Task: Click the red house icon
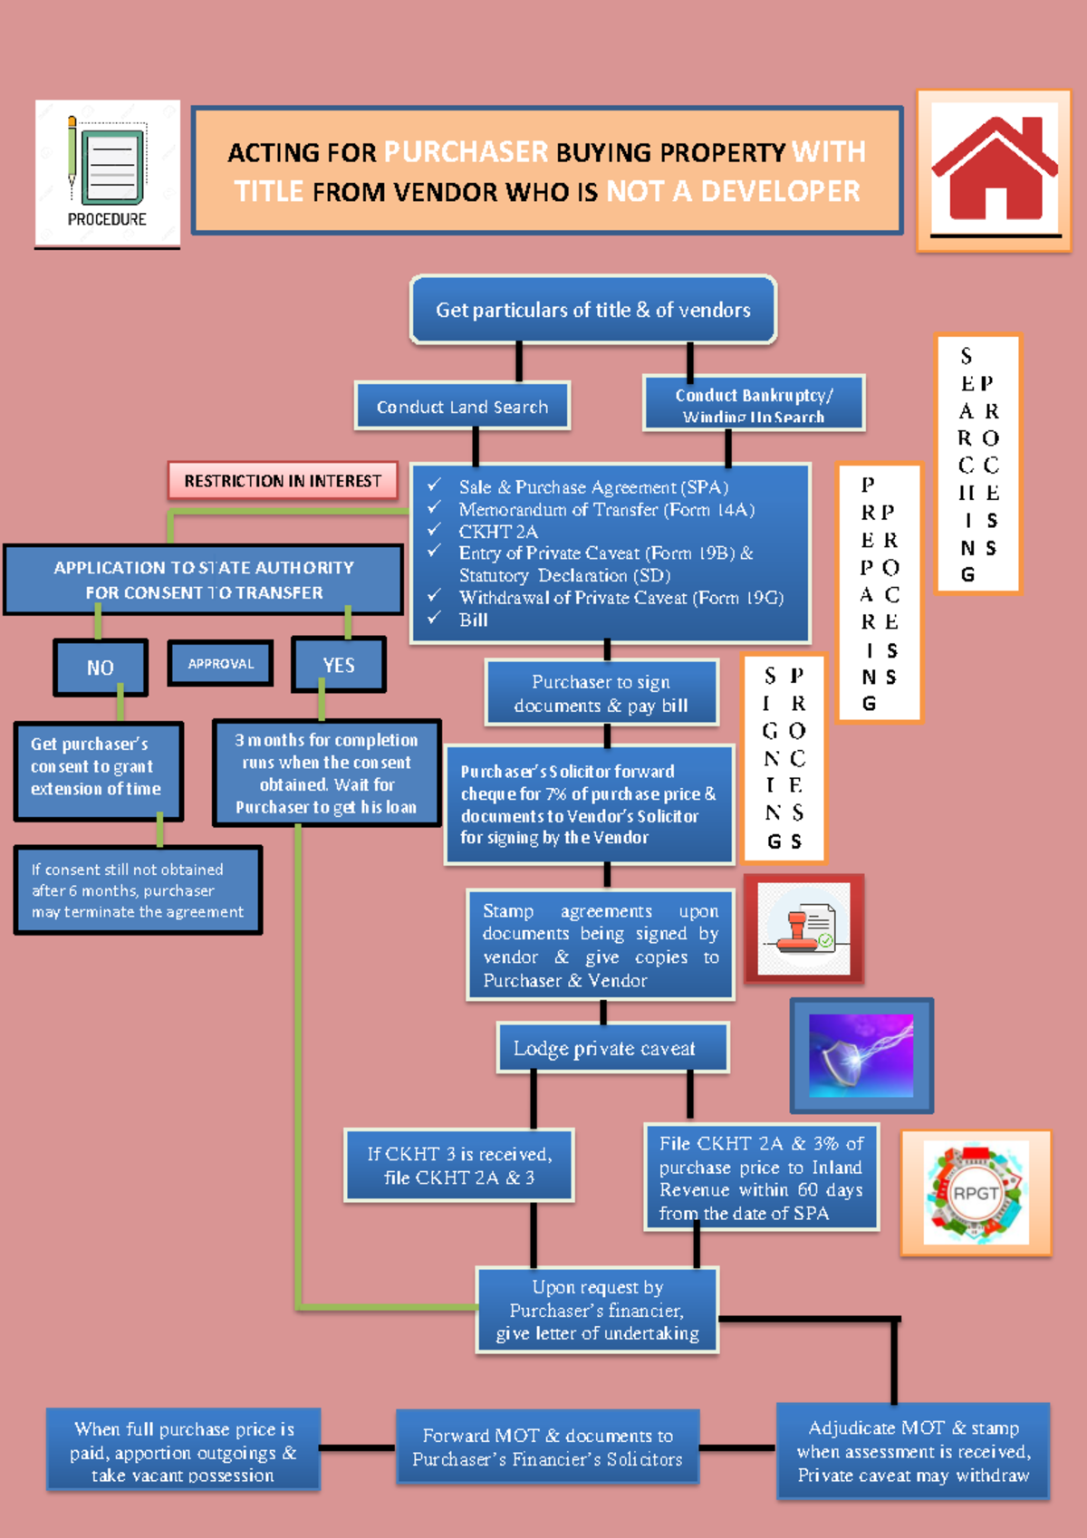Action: pyautogui.click(x=994, y=170)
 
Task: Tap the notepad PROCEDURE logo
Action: pyautogui.click(x=107, y=172)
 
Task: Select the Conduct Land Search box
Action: pyautogui.click(x=462, y=407)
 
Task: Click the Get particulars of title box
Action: pyautogui.click(x=593, y=311)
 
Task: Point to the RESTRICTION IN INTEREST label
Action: pyautogui.click(x=283, y=481)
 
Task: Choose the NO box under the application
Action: pyautogui.click(x=100, y=668)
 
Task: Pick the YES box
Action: pyautogui.click(x=339, y=665)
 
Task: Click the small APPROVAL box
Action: pyautogui.click(x=220, y=664)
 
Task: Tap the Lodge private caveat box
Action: pyautogui.click(x=604, y=1049)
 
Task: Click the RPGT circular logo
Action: pyautogui.click(x=976, y=1193)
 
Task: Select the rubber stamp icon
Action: pyautogui.click(x=803, y=929)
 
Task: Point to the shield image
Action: pyautogui.click(x=861, y=1056)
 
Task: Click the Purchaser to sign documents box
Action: pyautogui.click(x=601, y=694)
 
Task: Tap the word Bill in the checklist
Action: pyautogui.click(x=473, y=620)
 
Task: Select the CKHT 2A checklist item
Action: pyautogui.click(x=497, y=532)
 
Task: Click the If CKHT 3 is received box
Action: pyautogui.click(x=459, y=1166)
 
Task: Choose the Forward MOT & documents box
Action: pyautogui.click(x=547, y=1447)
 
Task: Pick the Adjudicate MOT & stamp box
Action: pyautogui.click(x=913, y=1451)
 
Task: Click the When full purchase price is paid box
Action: pyautogui.click(x=183, y=1451)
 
